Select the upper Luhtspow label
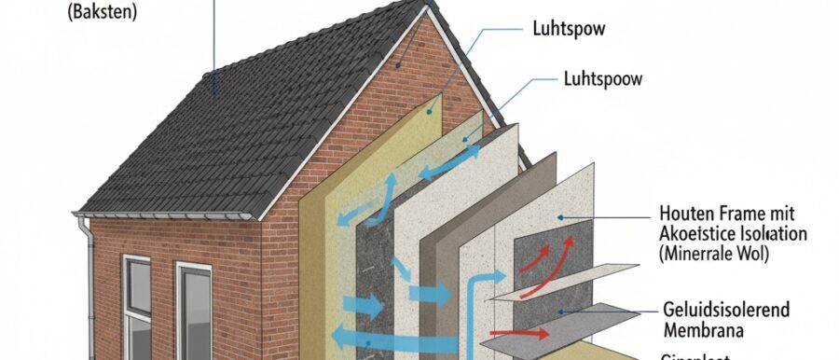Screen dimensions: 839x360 (x=567, y=29)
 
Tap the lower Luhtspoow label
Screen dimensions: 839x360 (x=603, y=79)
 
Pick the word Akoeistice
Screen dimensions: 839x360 (x=696, y=232)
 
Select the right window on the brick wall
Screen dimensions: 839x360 (x=194, y=312)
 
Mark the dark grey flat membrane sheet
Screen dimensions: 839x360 (x=597, y=323)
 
